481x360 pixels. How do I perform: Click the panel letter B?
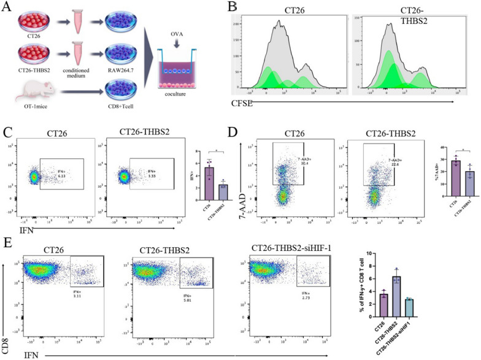233,8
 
